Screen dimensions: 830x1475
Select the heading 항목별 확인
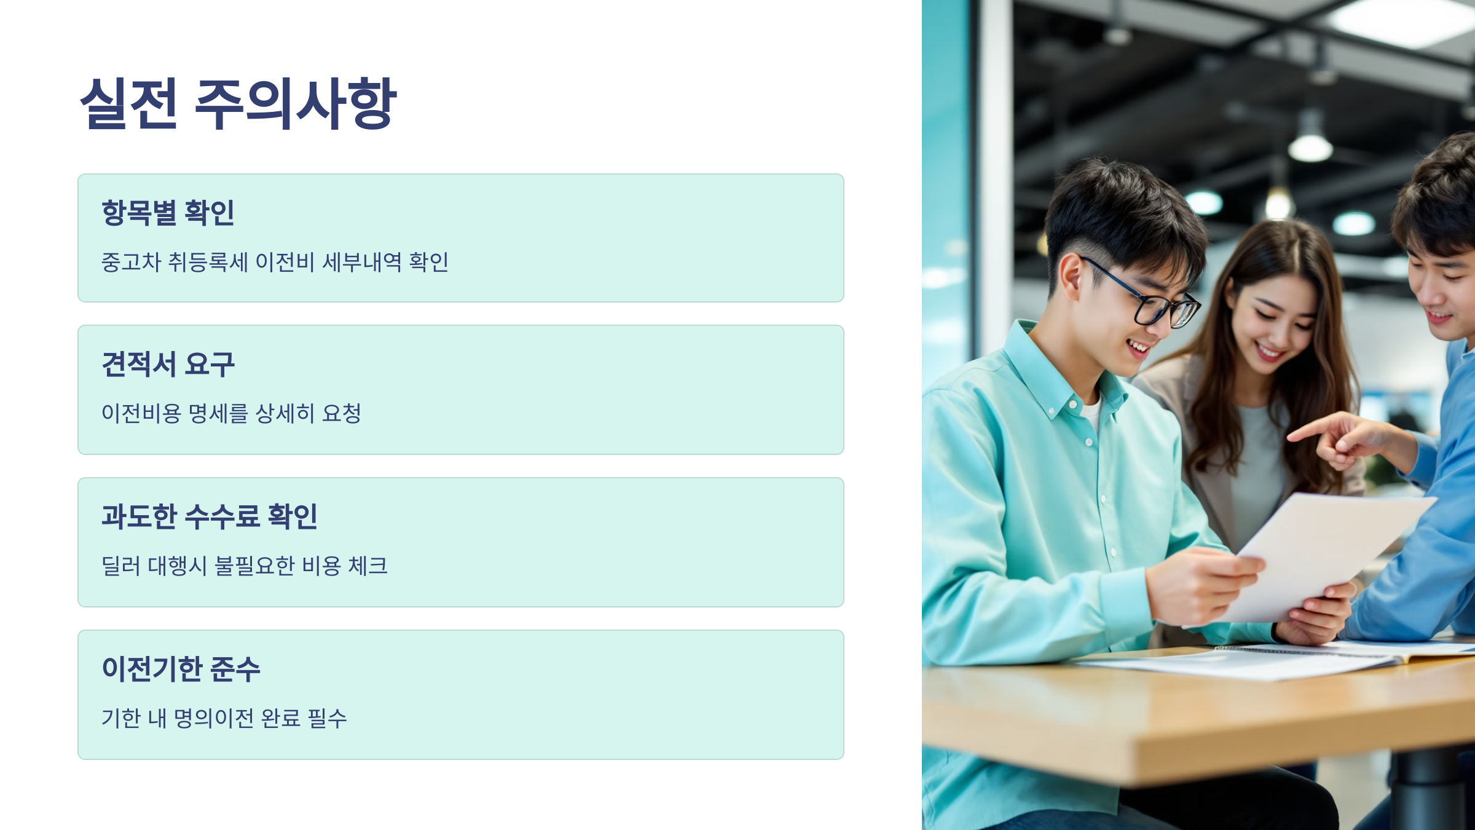coord(168,213)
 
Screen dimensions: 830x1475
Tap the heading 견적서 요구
coord(168,364)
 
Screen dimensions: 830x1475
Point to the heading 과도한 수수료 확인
coord(210,516)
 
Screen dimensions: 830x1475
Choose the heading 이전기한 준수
coord(181,669)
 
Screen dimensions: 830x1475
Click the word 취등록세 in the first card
coord(208,263)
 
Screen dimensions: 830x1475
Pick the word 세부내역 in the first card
coord(362,263)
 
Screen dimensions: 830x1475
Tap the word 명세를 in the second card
coord(218,414)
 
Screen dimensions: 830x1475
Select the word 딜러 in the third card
coord(121,566)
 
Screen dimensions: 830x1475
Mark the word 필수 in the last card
coord(327,718)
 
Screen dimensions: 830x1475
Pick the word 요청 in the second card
coord(342,414)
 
